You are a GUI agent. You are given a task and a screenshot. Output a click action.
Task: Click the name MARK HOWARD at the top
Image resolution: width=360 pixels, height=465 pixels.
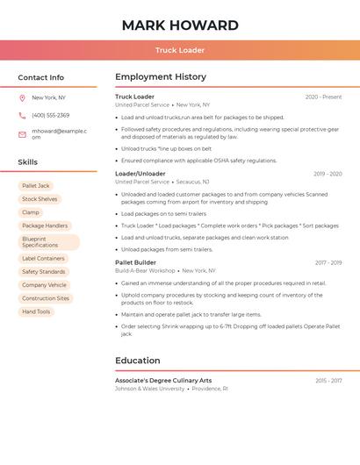coord(180,25)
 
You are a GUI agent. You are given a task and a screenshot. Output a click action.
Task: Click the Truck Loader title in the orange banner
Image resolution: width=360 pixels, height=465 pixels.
coord(180,50)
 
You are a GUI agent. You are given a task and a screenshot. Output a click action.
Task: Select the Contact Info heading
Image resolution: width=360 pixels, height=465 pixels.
coord(41,77)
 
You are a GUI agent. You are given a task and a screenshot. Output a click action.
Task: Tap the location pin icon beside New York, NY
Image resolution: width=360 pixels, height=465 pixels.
coord(22,97)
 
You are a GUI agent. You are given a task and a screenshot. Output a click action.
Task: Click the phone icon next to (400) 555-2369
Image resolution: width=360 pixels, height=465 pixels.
coord(22,115)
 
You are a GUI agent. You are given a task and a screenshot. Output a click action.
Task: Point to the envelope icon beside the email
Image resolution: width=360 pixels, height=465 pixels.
coord(22,134)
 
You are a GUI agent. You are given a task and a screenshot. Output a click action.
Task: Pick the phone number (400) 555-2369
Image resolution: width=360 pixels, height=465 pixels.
coord(50,115)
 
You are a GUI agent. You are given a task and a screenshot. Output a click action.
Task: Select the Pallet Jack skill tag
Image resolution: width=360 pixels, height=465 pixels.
coord(36,186)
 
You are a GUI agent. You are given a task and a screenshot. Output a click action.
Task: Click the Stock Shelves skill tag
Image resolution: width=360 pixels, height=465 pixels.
coord(40,199)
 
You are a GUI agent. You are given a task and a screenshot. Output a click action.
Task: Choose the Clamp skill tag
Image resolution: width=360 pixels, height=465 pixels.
coord(31,212)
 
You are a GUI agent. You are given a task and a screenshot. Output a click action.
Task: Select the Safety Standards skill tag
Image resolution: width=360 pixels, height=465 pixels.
coord(44,272)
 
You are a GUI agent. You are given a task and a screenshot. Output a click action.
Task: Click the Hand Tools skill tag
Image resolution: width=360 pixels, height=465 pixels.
coord(36,311)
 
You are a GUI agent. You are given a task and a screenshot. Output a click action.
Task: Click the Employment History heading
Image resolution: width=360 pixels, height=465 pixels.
coord(161,77)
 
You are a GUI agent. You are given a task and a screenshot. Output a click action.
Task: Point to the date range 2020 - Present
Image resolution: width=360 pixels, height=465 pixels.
coord(323,97)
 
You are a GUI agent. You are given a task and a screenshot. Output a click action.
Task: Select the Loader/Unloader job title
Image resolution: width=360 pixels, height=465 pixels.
coord(140,174)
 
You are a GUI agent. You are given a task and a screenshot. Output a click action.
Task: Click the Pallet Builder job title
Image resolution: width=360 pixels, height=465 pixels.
coord(135,262)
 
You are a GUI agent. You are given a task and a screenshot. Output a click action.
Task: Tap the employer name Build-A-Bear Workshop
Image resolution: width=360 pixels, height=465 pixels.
coord(145,271)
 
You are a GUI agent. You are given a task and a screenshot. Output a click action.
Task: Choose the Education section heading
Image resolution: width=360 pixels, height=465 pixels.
coord(138,361)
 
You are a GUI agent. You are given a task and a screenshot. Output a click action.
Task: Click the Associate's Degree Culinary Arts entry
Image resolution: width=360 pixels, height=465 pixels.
coord(163,381)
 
